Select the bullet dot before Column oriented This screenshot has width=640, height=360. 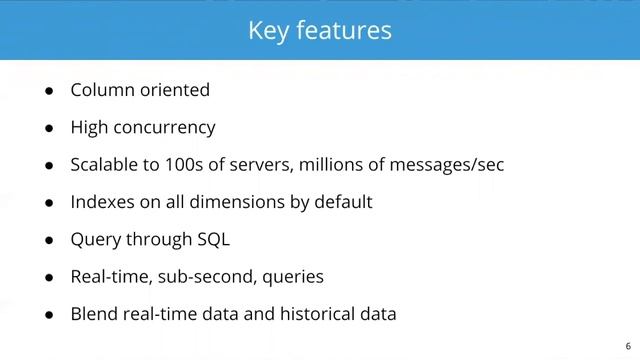(49, 91)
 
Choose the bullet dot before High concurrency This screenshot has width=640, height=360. (49, 129)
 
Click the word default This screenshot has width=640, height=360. (340, 202)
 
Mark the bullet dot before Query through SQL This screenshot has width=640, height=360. (49, 240)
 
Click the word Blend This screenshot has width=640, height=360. (94, 314)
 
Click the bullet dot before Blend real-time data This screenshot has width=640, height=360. (49, 315)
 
